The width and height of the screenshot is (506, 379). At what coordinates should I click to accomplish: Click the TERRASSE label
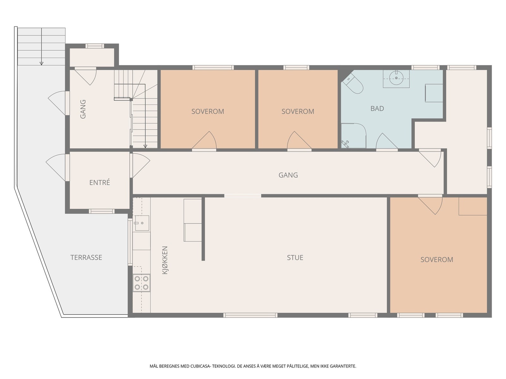(86, 257)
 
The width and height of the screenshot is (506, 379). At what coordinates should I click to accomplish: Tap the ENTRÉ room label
(100, 182)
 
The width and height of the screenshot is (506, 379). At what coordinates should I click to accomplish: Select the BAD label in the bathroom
(377, 108)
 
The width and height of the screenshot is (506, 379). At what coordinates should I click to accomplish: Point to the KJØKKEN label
(165, 260)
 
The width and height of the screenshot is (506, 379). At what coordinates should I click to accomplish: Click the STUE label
(295, 257)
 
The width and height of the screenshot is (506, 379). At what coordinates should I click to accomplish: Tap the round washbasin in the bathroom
(396, 78)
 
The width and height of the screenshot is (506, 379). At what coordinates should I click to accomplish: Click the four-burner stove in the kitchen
(141, 283)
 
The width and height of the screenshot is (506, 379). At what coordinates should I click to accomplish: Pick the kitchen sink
(142, 223)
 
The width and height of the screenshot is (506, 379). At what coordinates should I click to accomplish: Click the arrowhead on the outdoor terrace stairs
(41, 63)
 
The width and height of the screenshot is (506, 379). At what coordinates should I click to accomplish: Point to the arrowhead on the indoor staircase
(145, 146)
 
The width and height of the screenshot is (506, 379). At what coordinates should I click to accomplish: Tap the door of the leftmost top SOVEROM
(204, 140)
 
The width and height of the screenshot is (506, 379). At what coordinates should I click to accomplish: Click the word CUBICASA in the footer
(200, 366)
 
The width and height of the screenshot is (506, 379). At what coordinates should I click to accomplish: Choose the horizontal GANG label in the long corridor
(288, 175)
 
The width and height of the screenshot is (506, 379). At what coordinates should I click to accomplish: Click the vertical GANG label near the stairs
(83, 109)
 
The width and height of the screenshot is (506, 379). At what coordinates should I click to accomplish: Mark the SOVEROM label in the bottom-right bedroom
(437, 260)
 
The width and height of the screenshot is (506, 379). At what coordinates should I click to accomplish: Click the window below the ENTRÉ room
(102, 211)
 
